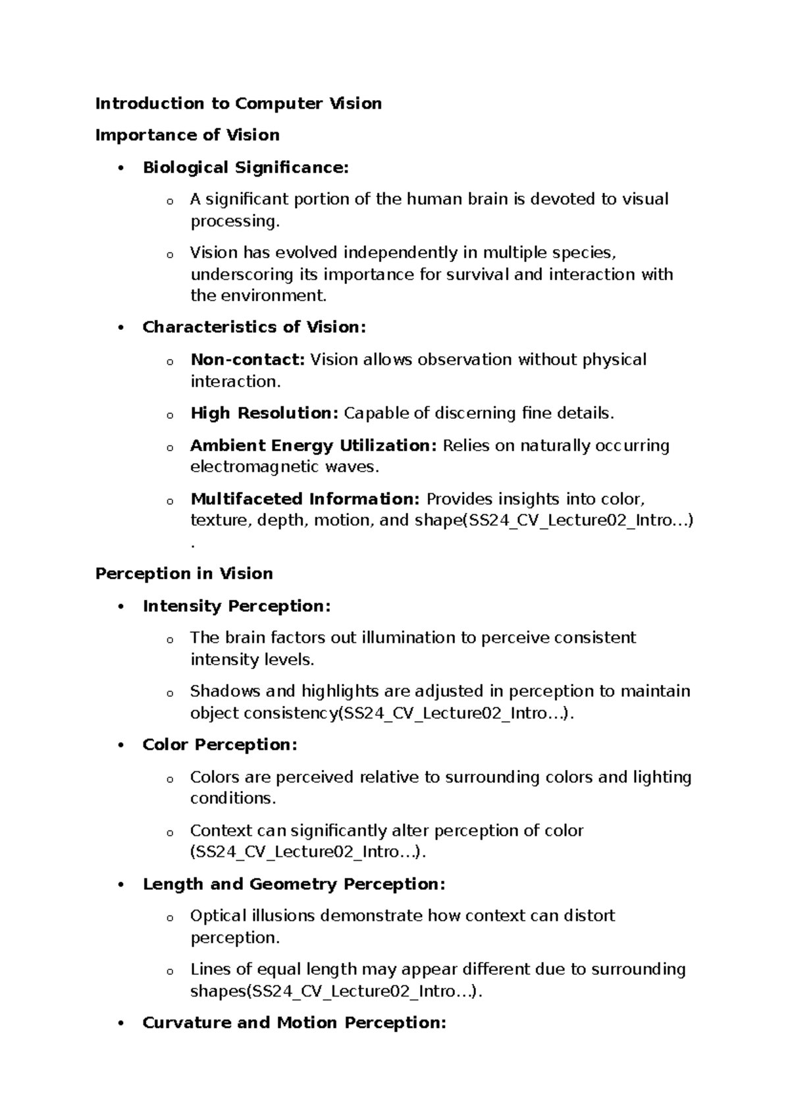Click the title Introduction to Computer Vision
tap(238, 103)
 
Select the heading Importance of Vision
tap(187, 135)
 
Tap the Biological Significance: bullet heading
tap(245, 167)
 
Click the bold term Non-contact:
tap(248, 360)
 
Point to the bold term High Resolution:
tap(264, 414)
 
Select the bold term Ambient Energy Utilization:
tap(313, 446)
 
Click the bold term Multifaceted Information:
tap(305, 499)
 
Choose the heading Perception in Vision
tap(184, 574)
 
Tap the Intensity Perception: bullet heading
tap(236, 606)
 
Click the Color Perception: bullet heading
tap(220, 745)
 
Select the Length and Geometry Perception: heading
tap(294, 884)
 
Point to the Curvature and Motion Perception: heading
tap(294, 1023)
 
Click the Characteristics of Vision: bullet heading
tap(253, 327)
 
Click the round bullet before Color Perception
tap(120, 746)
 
